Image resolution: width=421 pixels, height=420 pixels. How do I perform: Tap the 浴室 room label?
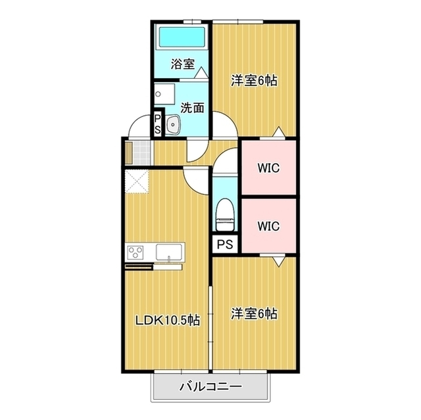tap(183, 64)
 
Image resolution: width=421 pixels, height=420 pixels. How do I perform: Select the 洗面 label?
tap(192, 108)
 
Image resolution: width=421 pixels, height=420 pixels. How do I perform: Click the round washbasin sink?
tap(173, 124)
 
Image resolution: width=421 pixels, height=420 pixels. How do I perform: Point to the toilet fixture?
tap(225, 214)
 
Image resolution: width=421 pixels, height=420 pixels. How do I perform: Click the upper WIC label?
tap(268, 168)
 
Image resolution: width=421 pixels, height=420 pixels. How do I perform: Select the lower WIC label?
tap(268, 226)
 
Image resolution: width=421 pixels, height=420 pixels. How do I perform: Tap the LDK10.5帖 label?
tap(168, 320)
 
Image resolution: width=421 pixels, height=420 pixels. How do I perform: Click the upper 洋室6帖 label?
tap(255, 80)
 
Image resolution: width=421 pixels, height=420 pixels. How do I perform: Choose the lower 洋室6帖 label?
tap(255, 314)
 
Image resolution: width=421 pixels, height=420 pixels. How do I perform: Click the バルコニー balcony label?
tap(210, 386)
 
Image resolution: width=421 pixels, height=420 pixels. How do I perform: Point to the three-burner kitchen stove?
tap(136, 252)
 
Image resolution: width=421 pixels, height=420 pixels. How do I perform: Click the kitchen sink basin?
tap(169, 252)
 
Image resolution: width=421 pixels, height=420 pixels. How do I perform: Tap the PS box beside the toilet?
tap(225, 245)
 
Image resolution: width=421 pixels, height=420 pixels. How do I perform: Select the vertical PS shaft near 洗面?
tap(158, 124)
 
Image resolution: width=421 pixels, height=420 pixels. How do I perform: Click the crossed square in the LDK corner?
tap(137, 181)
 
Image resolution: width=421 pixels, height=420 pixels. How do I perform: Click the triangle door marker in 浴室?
tap(201, 73)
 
